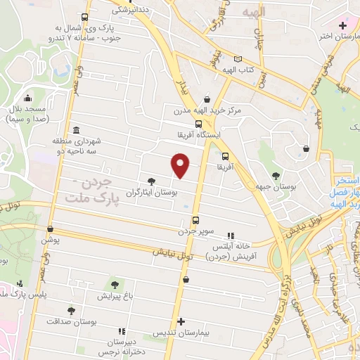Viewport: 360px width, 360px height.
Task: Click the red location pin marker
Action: click(181, 165)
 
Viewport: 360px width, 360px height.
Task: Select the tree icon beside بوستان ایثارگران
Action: click(151, 181)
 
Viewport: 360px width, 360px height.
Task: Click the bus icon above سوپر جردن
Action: click(195, 219)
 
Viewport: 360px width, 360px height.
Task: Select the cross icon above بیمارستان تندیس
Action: click(182, 321)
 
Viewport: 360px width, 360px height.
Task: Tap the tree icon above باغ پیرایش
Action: click(115, 284)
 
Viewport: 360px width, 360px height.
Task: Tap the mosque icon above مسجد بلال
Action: click(27, 98)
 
